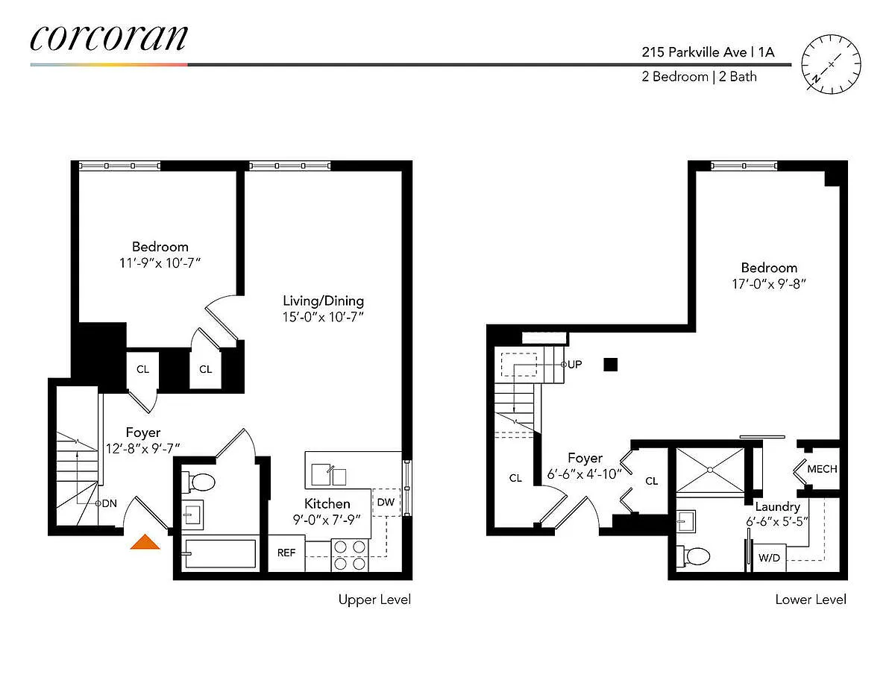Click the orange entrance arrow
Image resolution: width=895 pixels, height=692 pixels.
[145, 542]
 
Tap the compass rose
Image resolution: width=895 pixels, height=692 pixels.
[831, 64]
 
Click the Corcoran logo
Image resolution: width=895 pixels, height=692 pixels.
[109, 38]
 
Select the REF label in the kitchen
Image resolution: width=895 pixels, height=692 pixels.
[286, 553]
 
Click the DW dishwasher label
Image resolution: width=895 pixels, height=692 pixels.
[386, 502]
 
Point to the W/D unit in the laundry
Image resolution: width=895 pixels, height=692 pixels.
[769, 558]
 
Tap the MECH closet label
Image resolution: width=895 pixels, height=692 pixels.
[822, 469]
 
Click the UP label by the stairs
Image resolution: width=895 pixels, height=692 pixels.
[574, 365]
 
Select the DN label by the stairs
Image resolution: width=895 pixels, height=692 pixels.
[109, 503]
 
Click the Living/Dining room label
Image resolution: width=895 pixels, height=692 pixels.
[324, 301]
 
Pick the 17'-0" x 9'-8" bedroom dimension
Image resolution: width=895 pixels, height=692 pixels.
[768, 284]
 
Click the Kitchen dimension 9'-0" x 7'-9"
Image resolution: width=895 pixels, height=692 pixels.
[327, 520]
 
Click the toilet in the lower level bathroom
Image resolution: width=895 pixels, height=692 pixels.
[694, 556]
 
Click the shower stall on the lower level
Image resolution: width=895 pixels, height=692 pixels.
[710, 470]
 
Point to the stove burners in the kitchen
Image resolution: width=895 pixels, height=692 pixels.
[350, 556]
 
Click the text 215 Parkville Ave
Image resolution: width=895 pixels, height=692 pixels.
[694, 52]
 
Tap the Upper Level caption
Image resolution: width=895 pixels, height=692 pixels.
[374, 600]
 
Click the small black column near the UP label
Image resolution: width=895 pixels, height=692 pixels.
[610, 365]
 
